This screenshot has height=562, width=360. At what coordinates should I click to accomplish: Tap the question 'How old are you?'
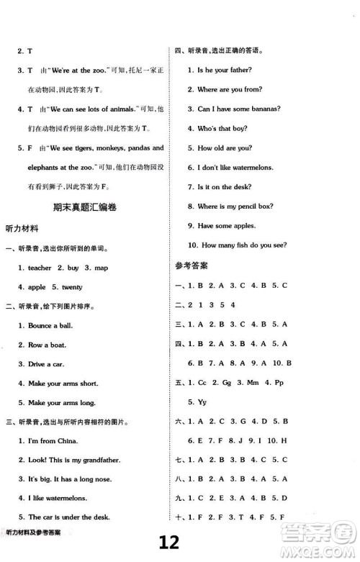(224, 148)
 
